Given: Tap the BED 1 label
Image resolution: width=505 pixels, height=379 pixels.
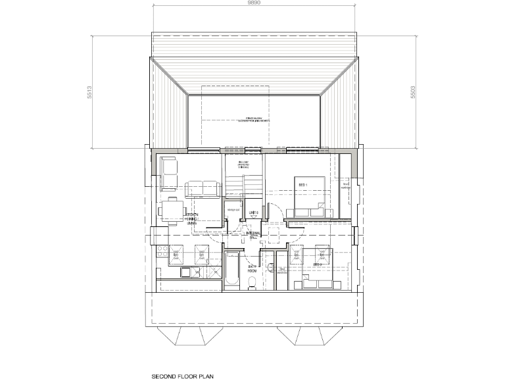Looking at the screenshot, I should tap(304, 186).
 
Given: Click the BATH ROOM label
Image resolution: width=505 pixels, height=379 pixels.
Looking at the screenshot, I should tap(251, 267).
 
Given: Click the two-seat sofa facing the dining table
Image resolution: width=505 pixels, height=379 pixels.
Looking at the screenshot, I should tap(202, 189).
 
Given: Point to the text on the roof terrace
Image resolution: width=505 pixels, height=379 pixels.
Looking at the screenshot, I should tap(252, 120).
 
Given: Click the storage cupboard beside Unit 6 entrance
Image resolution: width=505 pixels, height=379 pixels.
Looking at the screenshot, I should tap(232, 211).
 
